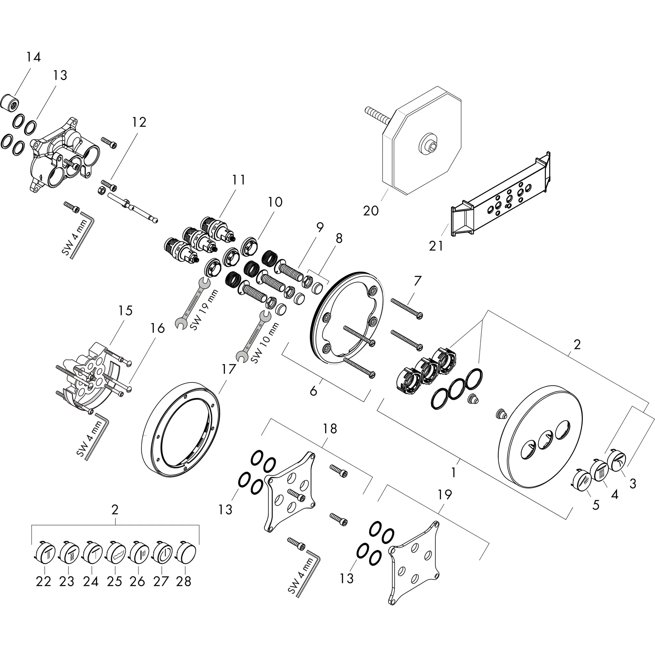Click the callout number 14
coord(34,57)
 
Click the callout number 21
coord(436,246)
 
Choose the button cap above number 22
coord(45,554)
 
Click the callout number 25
coord(114,581)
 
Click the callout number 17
coord(228,369)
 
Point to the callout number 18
coord(329,429)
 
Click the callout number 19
coord(445,495)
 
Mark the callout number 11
coord(239,179)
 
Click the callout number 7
coord(417,281)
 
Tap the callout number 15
coord(125,311)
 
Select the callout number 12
coord(139,122)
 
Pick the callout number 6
coord(313,391)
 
